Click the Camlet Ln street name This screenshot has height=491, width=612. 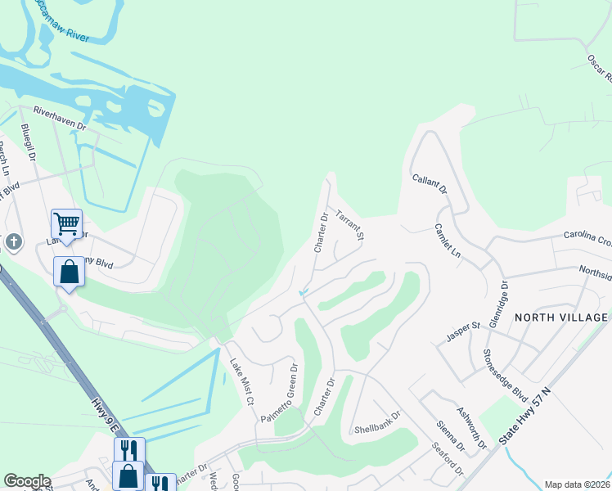point(448,241)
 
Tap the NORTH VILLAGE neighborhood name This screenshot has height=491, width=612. point(561,318)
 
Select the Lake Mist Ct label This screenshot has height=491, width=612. point(242,382)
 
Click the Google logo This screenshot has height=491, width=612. point(27,481)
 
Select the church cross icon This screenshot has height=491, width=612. point(14,242)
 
